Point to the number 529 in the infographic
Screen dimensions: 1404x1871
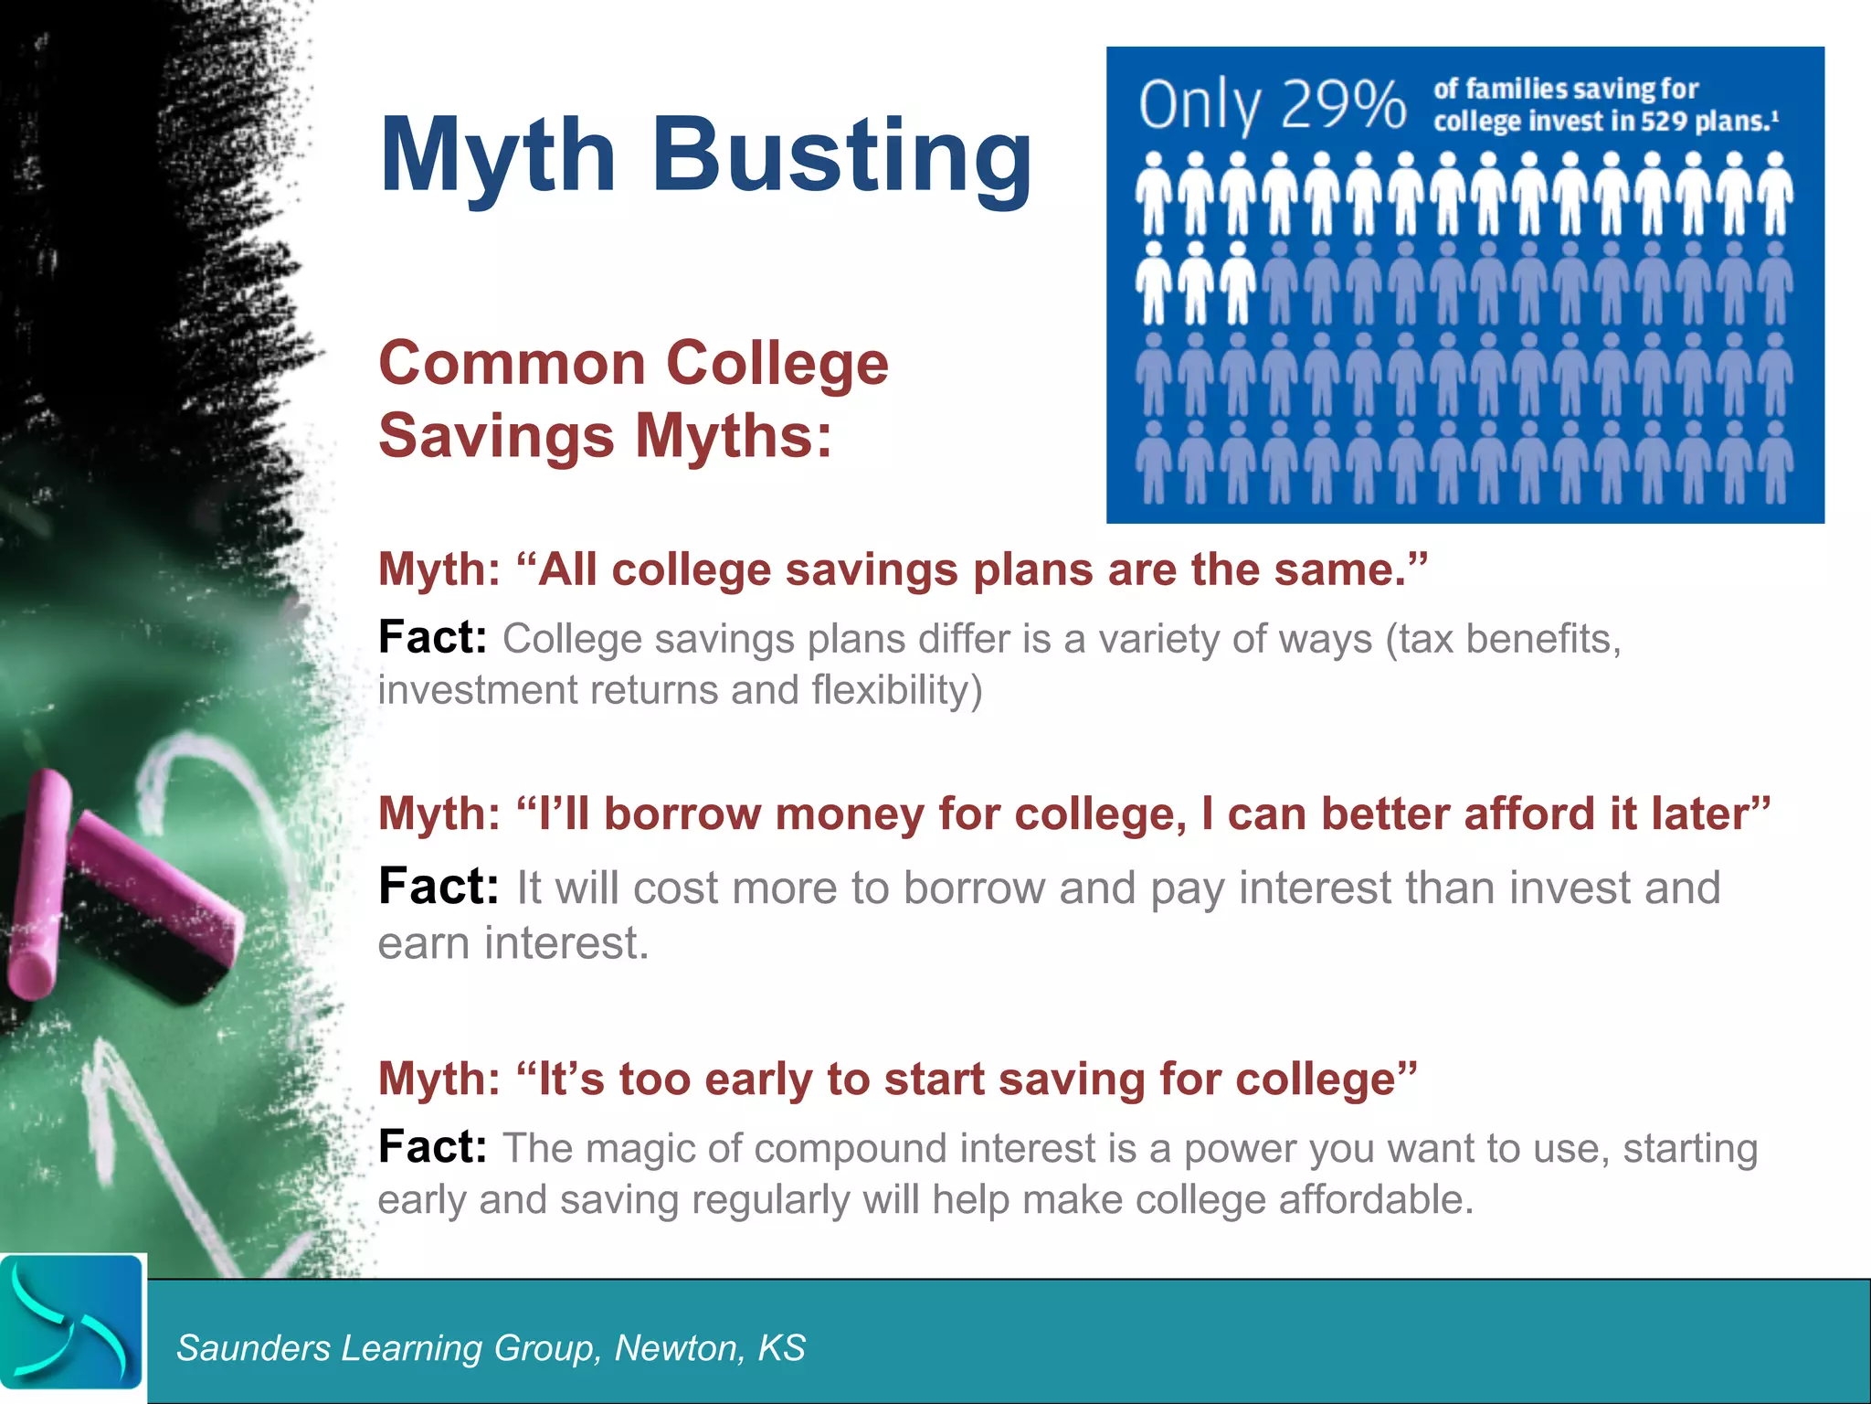[1663, 122]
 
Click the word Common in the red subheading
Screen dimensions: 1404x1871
[513, 364]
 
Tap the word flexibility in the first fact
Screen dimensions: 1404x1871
[897, 690]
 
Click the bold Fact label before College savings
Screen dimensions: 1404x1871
[432, 637]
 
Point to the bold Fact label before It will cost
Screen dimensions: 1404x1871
[439, 886]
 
